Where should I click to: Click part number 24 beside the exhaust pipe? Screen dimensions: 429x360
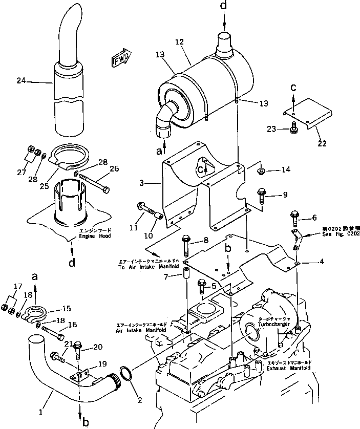[x=20, y=81]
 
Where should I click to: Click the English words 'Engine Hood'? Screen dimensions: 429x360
[x=95, y=237]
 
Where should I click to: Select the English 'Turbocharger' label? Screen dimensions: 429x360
[x=278, y=325]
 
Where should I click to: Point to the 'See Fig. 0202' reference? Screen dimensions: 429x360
[x=340, y=233]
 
